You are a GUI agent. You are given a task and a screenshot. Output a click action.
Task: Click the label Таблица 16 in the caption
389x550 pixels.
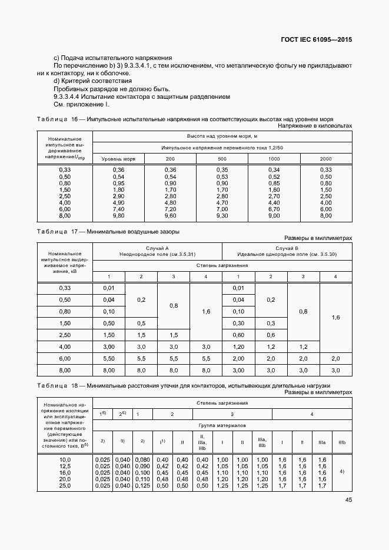point(56,119)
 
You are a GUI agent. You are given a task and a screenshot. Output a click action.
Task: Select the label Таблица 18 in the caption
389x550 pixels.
point(56,385)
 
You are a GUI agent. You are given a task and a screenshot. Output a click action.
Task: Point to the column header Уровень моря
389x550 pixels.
point(118,159)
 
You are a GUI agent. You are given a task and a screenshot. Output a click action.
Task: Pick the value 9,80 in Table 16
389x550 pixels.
point(118,215)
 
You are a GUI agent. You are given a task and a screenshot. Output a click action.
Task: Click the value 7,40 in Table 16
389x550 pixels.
point(118,209)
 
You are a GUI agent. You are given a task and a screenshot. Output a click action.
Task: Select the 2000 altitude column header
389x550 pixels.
point(325,159)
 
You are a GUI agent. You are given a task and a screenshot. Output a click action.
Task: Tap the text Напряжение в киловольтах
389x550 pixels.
point(315,126)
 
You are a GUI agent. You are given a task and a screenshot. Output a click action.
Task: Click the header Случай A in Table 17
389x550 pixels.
point(158,248)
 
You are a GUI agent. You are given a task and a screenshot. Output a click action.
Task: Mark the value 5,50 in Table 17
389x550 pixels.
point(108,358)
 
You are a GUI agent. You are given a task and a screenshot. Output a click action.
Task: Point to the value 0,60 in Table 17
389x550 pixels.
point(238,335)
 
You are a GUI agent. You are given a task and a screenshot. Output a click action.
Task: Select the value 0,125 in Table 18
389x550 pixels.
point(143,485)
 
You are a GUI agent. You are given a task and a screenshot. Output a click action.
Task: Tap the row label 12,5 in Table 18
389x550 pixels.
point(65,466)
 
